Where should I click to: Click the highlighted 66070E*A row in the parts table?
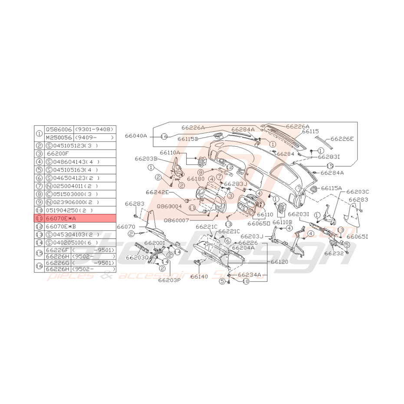click(x=75, y=218)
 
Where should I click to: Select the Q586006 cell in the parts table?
click(x=59, y=129)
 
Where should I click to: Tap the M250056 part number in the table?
click(x=59, y=137)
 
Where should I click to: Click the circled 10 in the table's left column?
click(x=39, y=210)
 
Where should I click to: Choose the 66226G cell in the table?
click(x=58, y=263)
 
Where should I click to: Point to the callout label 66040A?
click(x=137, y=136)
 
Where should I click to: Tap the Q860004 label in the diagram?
click(x=170, y=207)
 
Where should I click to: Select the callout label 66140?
click(x=199, y=276)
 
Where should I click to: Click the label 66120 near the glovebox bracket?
click(x=279, y=262)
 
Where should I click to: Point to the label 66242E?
click(x=157, y=192)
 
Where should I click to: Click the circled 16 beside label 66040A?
click(x=164, y=136)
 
